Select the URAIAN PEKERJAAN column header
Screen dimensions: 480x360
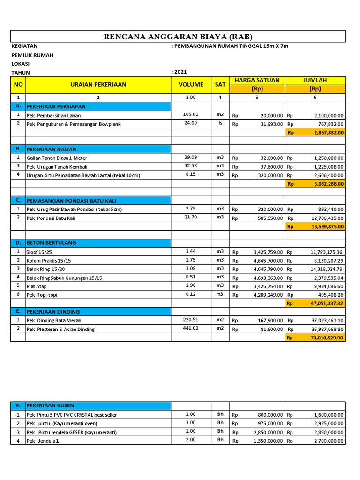tap(98, 85)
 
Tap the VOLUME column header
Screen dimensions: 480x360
tap(191, 85)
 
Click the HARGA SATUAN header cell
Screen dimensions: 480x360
tap(257, 80)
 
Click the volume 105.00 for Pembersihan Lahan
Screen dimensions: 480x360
tap(191, 114)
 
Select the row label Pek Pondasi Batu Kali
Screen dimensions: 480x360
tap(51, 218)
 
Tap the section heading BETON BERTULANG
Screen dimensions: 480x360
tap(51, 243)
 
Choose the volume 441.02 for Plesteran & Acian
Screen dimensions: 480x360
tap(191, 328)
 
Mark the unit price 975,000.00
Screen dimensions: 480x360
tap(268, 423)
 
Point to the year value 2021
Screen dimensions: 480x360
tap(180, 72)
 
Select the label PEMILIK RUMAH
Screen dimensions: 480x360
tap(32, 55)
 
